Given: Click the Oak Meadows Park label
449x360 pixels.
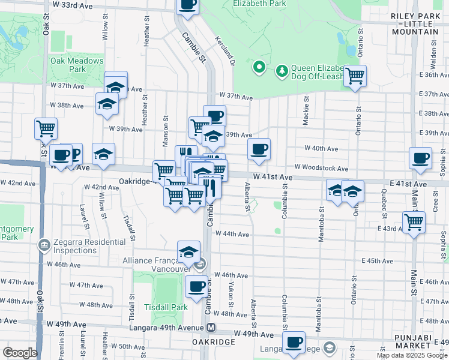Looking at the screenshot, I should tap(77, 65).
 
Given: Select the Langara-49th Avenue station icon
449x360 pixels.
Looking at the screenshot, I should tap(211, 328).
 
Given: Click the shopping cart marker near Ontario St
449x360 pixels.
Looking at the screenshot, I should tap(355, 76).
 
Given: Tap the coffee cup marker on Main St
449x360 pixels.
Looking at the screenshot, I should tap(421, 158).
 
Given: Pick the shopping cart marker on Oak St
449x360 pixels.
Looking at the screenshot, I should tap(46, 128).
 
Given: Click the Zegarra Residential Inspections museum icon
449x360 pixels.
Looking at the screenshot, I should tap(44, 245).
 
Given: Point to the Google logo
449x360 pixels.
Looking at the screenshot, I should tap(20, 353).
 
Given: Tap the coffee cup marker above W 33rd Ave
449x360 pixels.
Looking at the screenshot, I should tap(187, 5).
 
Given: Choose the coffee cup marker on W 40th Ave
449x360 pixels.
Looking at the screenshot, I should tap(259, 149).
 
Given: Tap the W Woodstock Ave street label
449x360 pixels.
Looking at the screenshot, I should tap(321, 169).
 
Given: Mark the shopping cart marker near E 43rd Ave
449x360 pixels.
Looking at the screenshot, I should tap(414, 221).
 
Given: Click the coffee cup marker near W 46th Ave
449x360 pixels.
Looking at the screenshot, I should tap(196, 287).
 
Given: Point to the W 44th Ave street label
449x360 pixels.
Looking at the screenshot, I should tap(232, 233).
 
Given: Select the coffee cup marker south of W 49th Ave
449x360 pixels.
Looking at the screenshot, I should tap(294, 343).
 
